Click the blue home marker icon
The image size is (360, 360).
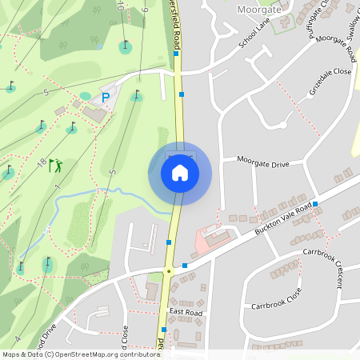180,172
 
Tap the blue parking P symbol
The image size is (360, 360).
105,98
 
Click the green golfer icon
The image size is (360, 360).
55,166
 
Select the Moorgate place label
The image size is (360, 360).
260,9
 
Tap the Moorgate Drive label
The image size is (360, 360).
263,162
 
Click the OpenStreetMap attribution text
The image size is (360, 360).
80,354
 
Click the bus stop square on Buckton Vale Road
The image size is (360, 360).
315,204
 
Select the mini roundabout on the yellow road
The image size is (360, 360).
169,272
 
